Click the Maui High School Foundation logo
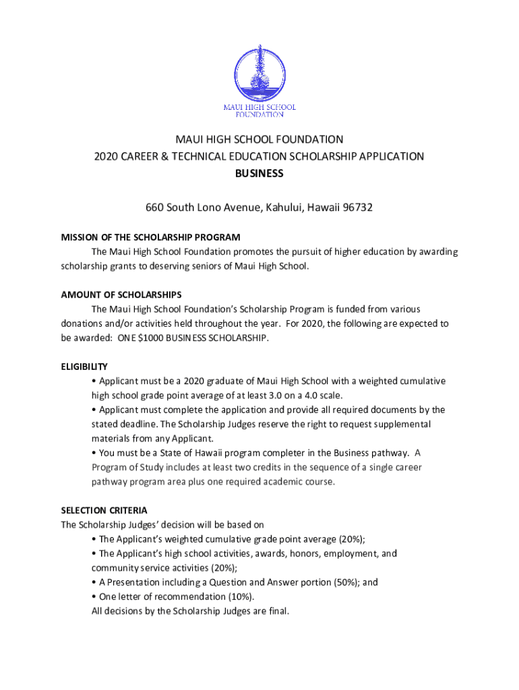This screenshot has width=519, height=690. [259, 81]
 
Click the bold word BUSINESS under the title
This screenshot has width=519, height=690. [259, 173]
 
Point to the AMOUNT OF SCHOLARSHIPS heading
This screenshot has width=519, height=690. [121, 294]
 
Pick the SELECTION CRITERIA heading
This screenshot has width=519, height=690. [104, 510]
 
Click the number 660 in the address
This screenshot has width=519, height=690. [156, 208]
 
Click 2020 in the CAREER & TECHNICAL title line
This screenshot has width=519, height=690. [106, 156]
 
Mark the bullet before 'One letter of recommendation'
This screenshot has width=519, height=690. [94, 597]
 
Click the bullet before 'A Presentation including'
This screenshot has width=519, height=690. [94, 582]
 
